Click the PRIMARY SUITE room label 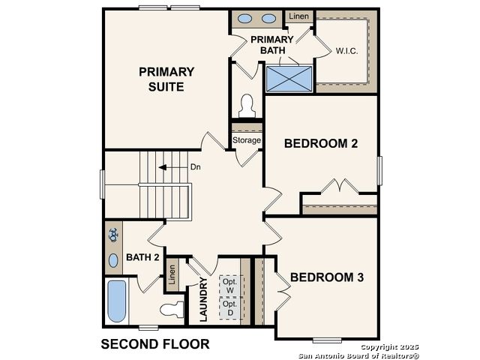point(166,79)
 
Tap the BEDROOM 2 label point(321,143)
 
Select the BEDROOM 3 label point(327,277)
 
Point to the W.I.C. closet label point(346,51)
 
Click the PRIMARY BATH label point(272,45)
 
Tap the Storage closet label point(247,140)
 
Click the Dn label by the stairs point(196,166)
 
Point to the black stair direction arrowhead point(163,167)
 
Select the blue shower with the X point(289,79)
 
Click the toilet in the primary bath point(247,106)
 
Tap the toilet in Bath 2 point(172,309)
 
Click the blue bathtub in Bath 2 point(117,301)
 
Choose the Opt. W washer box point(230,286)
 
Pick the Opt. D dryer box point(230,308)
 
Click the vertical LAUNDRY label point(203,299)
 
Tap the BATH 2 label point(142,257)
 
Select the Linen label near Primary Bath point(298,16)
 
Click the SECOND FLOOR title point(155,344)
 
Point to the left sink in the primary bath point(245,19)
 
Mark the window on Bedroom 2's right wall point(379,171)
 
